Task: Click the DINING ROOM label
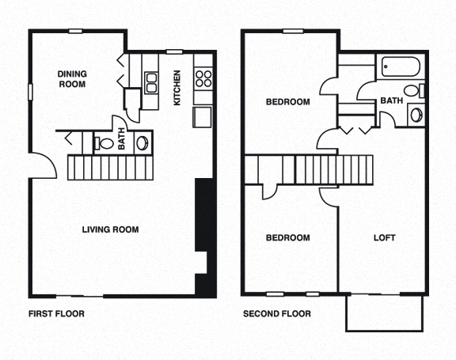(71, 79)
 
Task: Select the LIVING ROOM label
(111, 230)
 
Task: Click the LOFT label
(384, 238)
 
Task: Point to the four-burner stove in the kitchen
(203, 78)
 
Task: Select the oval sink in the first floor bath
(142, 142)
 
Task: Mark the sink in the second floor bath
(416, 116)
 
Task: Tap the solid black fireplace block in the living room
(203, 237)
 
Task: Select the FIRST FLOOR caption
(56, 314)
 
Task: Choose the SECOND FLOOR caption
(277, 314)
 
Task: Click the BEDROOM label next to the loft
(287, 238)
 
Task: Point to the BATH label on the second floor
(390, 100)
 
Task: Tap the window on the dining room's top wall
(76, 31)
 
